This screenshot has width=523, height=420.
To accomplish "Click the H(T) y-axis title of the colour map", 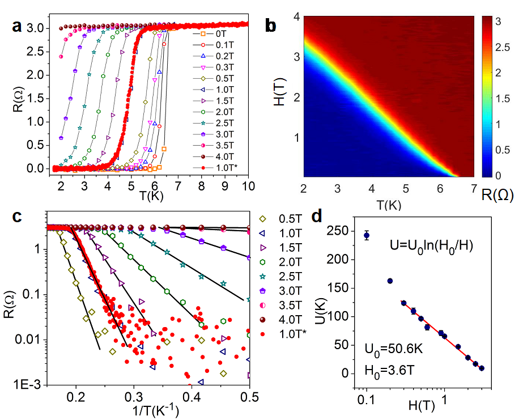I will coord(278,97).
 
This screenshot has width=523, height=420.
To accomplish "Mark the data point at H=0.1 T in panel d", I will coord(367,235).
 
